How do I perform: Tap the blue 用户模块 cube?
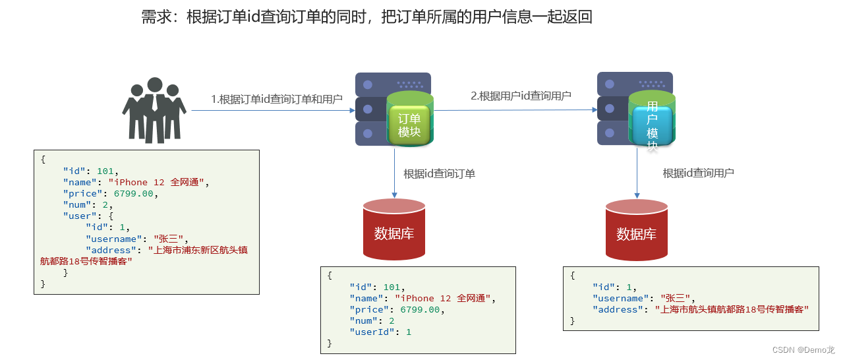coord(652,125)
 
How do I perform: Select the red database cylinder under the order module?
coord(394,229)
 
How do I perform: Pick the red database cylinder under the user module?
coord(636,230)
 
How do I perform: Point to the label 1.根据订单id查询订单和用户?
coord(277,99)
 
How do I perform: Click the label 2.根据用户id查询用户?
coord(521,96)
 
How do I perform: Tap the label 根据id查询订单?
coord(439,174)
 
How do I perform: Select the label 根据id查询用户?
coord(698,173)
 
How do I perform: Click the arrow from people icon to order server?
coord(270,110)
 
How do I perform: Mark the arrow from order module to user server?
coord(514,110)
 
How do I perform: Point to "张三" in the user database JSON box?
coord(674,298)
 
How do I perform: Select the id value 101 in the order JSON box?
coord(392,287)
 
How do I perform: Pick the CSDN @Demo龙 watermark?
coord(803,350)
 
